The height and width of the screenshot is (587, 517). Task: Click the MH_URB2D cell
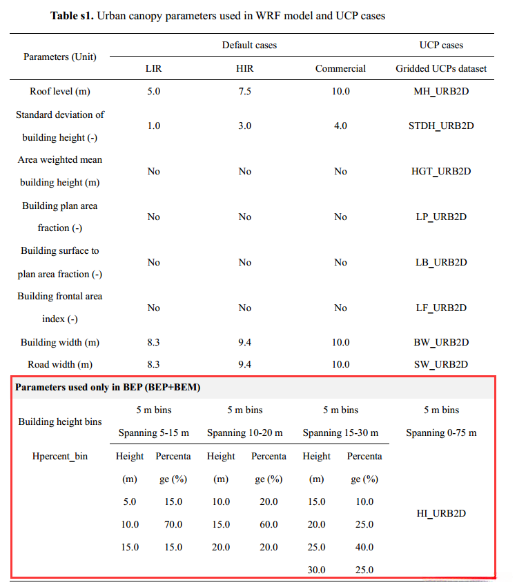point(441,91)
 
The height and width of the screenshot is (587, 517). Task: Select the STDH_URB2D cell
point(441,126)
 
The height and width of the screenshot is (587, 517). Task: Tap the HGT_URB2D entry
point(441,171)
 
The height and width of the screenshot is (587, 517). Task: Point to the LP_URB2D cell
point(441,217)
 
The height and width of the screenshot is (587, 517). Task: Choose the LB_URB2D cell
point(441,262)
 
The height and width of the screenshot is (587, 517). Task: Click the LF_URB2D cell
point(441,308)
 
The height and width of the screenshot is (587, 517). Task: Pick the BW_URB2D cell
point(441,342)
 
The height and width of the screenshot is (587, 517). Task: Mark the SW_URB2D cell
point(441,364)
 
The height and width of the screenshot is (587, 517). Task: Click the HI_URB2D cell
point(441,513)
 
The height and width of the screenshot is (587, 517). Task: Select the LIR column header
point(153,68)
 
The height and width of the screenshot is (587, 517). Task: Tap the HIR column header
point(245,68)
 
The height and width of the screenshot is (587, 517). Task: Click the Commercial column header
point(340,68)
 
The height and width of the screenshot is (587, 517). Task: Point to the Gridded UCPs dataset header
point(441,68)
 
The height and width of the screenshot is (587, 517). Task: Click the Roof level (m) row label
point(60,91)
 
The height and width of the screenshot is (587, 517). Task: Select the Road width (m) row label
point(60,364)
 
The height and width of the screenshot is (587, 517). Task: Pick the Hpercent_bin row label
point(60,456)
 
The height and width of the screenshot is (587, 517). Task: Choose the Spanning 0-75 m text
point(441,432)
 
